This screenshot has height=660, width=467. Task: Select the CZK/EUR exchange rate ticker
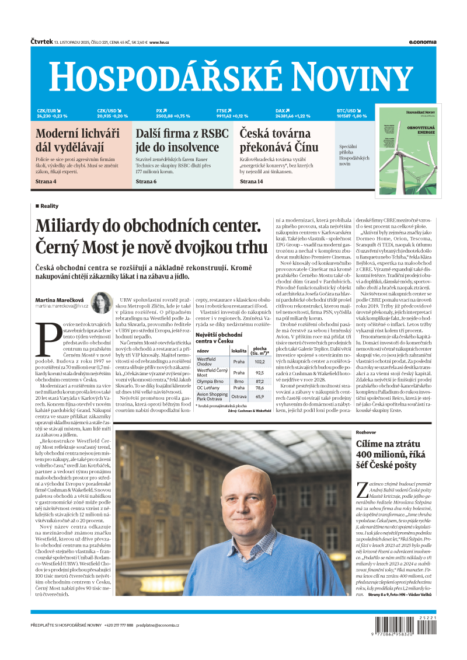click(x=52, y=113)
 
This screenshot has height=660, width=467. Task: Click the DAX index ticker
click(x=292, y=113)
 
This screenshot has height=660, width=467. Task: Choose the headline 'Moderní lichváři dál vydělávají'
click(x=78, y=140)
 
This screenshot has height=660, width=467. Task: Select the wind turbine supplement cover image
click(x=407, y=151)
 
